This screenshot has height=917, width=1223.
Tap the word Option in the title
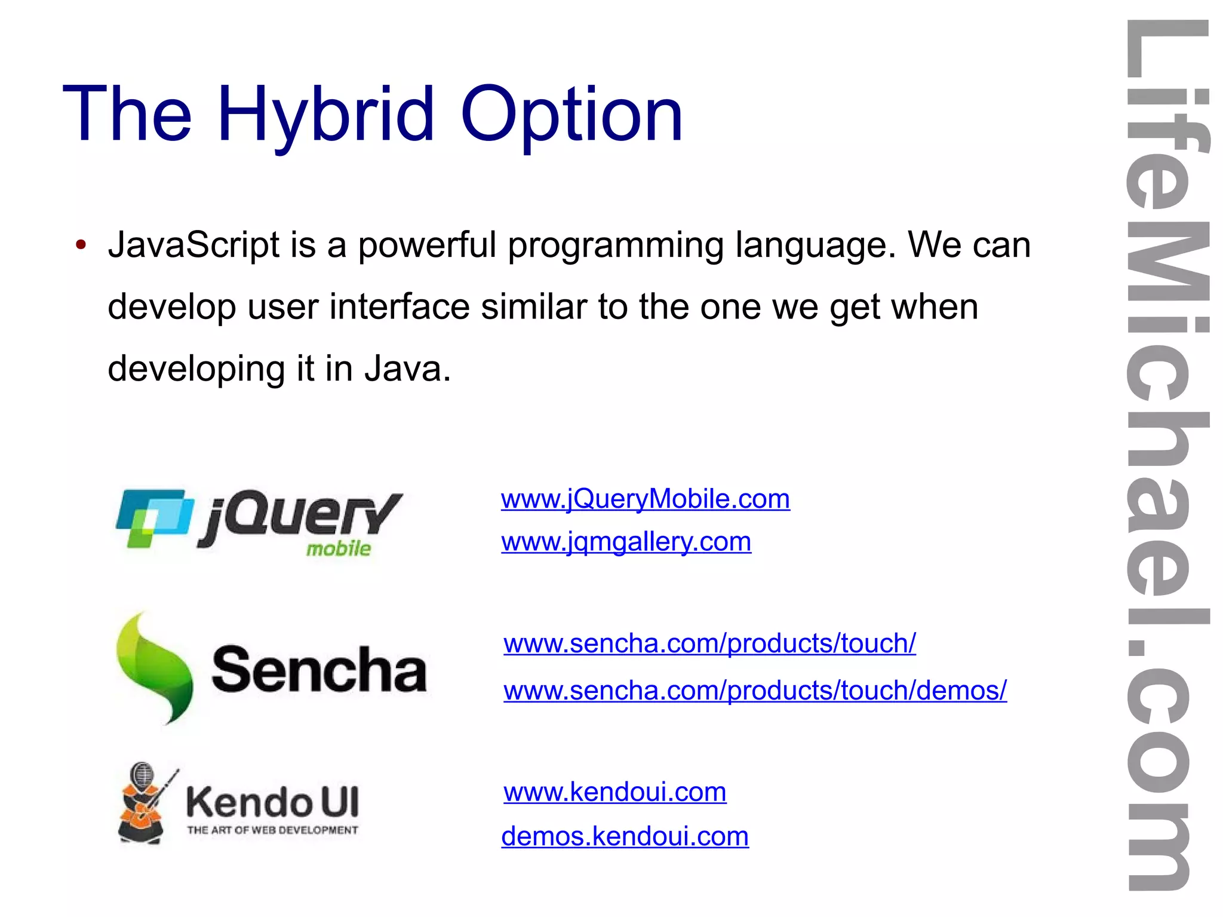571,115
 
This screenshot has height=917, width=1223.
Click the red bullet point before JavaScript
81,245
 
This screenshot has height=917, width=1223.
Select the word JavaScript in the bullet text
193,245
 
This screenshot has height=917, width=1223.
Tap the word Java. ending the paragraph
408,369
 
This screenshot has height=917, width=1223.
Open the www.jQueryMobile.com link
645,499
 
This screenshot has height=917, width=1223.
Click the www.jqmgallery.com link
626,542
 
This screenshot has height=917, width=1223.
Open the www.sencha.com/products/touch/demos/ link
755,691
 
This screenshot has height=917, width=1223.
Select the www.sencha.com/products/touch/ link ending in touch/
709,643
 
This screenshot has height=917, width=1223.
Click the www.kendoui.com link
615,792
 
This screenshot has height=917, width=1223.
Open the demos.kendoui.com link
625,836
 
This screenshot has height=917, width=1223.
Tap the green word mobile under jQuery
339,548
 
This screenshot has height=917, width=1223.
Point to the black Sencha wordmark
319,669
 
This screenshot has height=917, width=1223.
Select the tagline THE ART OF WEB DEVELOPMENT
272,830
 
